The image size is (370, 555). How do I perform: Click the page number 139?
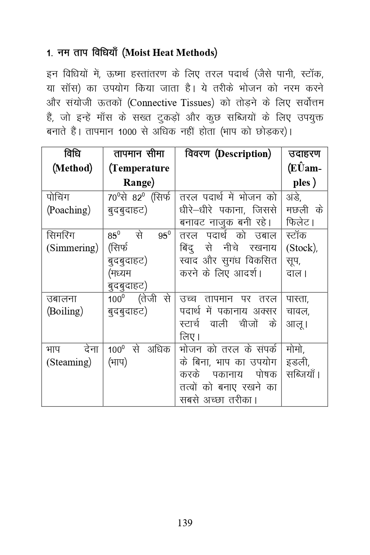[x=185, y=523]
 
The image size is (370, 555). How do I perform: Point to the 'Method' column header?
[x=72, y=168]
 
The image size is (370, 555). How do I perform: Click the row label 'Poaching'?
[x=68, y=210]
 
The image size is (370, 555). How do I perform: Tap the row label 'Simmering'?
[x=72, y=248]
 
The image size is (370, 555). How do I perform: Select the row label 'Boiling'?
[x=65, y=311]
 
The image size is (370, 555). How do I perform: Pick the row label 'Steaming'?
[x=69, y=362]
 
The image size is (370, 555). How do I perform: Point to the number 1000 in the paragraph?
[x=126, y=132]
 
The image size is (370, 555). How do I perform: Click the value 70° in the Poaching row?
[x=115, y=197]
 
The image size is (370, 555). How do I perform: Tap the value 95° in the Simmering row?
[x=164, y=236]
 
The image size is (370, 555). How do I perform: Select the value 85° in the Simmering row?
[x=114, y=236]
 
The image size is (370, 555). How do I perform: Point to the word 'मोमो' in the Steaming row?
[x=295, y=349]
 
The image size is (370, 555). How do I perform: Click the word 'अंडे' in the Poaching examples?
[x=294, y=197]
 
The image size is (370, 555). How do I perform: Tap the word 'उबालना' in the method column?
[x=62, y=299]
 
